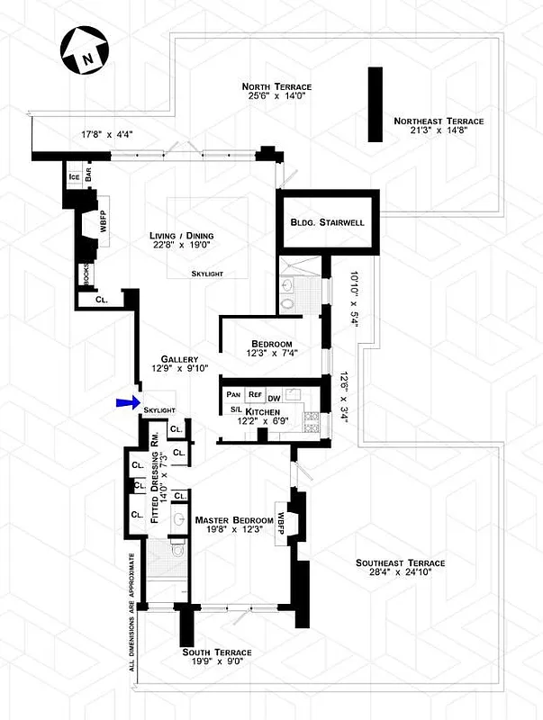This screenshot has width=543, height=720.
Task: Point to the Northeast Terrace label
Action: tap(439, 121)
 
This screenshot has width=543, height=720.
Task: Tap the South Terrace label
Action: tap(216, 652)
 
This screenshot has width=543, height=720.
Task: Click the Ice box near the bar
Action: tap(73, 176)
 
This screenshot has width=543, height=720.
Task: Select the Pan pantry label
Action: tap(232, 395)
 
